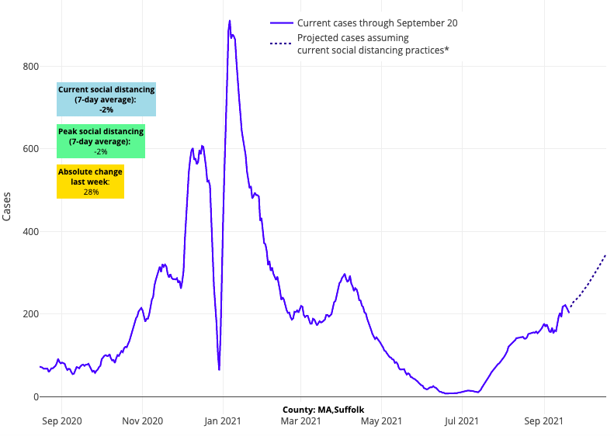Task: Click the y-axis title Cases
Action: click(7, 206)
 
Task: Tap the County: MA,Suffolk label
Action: click(324, 409)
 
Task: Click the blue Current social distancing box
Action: click(106, 99)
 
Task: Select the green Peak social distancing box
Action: click(101, 141)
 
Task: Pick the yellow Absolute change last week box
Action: click(90, 182)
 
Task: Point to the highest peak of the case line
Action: click(230, 21)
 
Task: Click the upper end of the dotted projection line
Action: click(605, 254)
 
